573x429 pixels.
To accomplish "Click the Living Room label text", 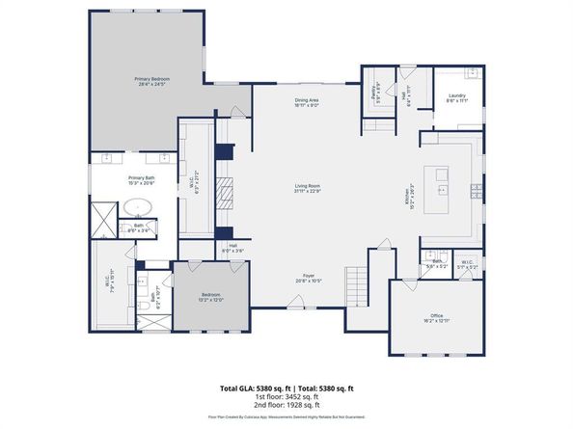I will [308, 189].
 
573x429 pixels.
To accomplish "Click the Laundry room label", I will [457, 97].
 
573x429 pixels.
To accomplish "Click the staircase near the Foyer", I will [358, 285].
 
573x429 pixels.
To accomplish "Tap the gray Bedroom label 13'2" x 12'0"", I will [210, 297].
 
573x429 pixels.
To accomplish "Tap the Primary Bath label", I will [142, 180].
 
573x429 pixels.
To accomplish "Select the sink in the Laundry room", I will [472, 74].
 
